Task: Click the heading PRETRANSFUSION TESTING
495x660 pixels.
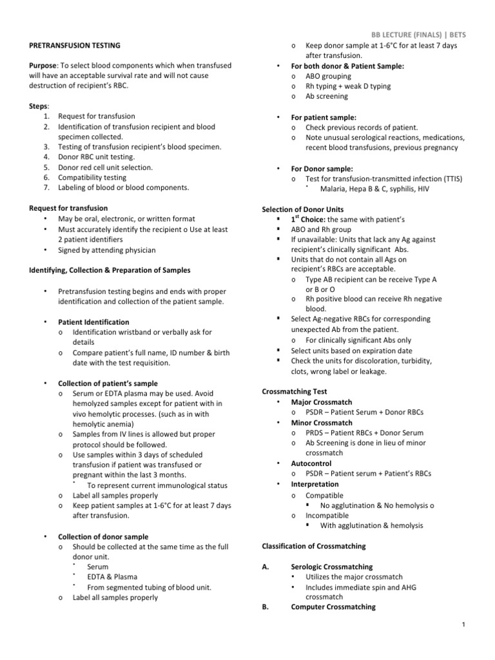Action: tap(75, 46)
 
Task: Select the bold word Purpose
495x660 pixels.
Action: tap(43, 66)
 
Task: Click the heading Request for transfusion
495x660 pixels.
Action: tap(69, 208)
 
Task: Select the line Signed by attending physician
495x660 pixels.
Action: tap(106, 250)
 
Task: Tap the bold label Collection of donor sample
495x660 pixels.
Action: tap(103, 536)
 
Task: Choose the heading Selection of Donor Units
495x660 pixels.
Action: tap(302, 209)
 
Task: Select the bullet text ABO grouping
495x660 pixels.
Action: tap(328, 76)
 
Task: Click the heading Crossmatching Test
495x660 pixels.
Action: tap(294, 391)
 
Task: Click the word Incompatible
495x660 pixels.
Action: tap(327, 516)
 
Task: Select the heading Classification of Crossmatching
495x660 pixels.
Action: tap(313, 546)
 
